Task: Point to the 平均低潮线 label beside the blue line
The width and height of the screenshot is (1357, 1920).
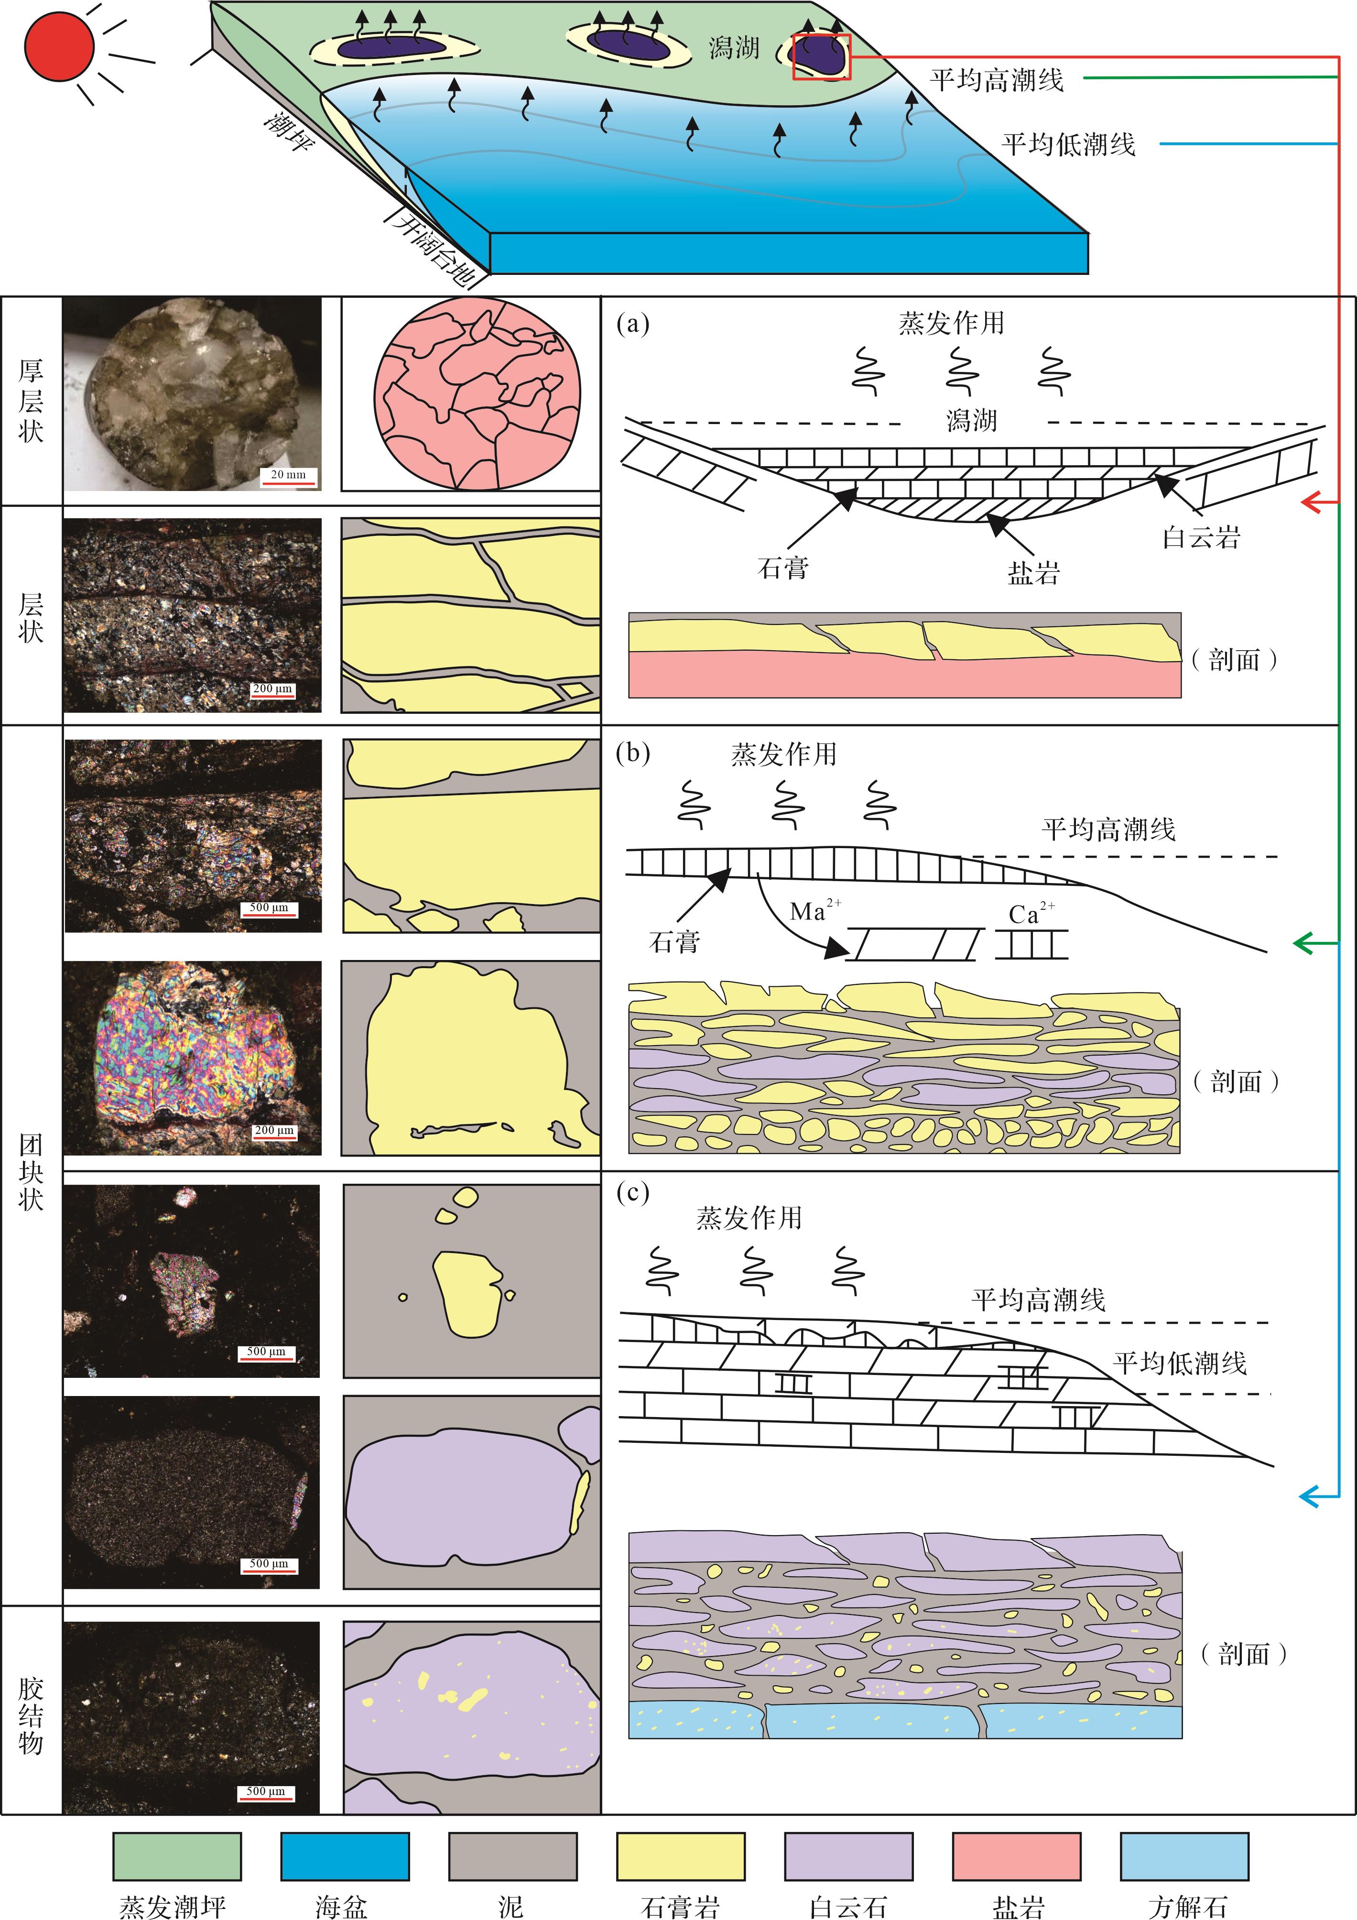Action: (x=1069, y=145)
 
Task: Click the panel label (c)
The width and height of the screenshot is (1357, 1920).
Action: (x=633, y=1192)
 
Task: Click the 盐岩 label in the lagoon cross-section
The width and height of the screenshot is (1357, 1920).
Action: (x=1033, y=573)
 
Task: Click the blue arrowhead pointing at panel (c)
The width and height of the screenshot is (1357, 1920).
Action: (x=1310, y=1495)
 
